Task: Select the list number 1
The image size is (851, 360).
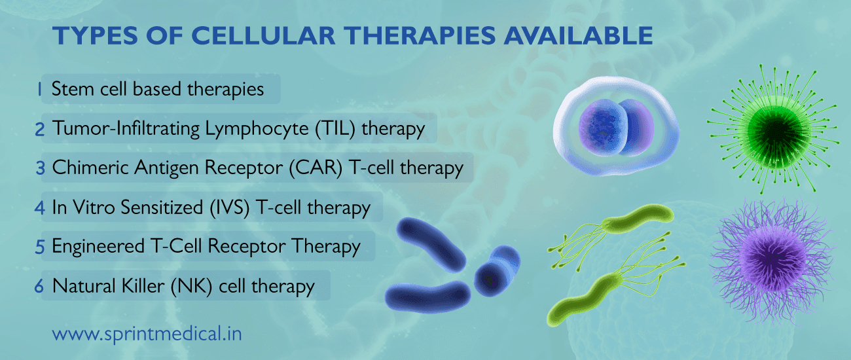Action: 41,90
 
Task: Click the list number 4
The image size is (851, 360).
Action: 41,207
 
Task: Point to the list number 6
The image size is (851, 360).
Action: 41,286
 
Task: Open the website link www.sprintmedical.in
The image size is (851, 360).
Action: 147,334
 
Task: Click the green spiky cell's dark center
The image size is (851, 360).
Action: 761,128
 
